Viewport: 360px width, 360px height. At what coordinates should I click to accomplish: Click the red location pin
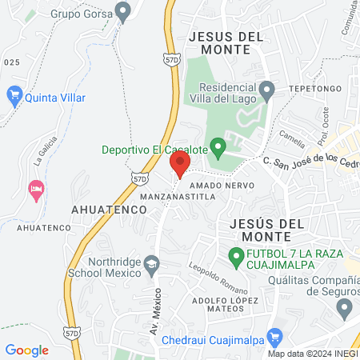[x=179, y=164]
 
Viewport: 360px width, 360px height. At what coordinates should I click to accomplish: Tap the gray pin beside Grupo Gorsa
[x=122, y=11]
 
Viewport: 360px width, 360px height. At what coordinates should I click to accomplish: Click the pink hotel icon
[x=35, y=190]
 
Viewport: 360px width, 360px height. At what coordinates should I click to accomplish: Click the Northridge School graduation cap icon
[x=150, y=263]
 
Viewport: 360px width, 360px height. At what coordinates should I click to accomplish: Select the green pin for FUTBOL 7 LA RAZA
[x=236, y=257]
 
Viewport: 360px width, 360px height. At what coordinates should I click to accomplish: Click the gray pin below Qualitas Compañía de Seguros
[x=345, y=306]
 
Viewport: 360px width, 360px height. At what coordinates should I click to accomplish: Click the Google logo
[x=27, y=350]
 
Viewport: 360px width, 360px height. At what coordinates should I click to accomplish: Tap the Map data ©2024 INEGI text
[x=312, y=354]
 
